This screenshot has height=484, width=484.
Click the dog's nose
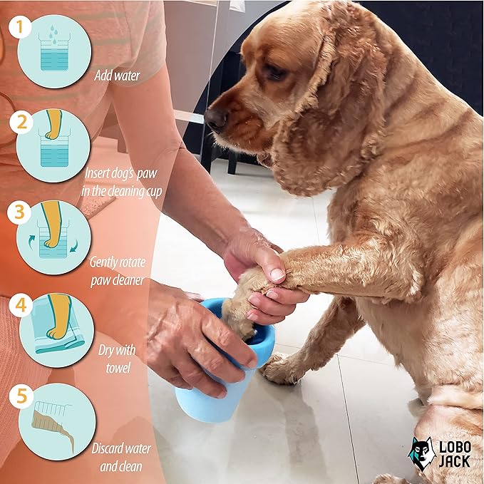[215, 118]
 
